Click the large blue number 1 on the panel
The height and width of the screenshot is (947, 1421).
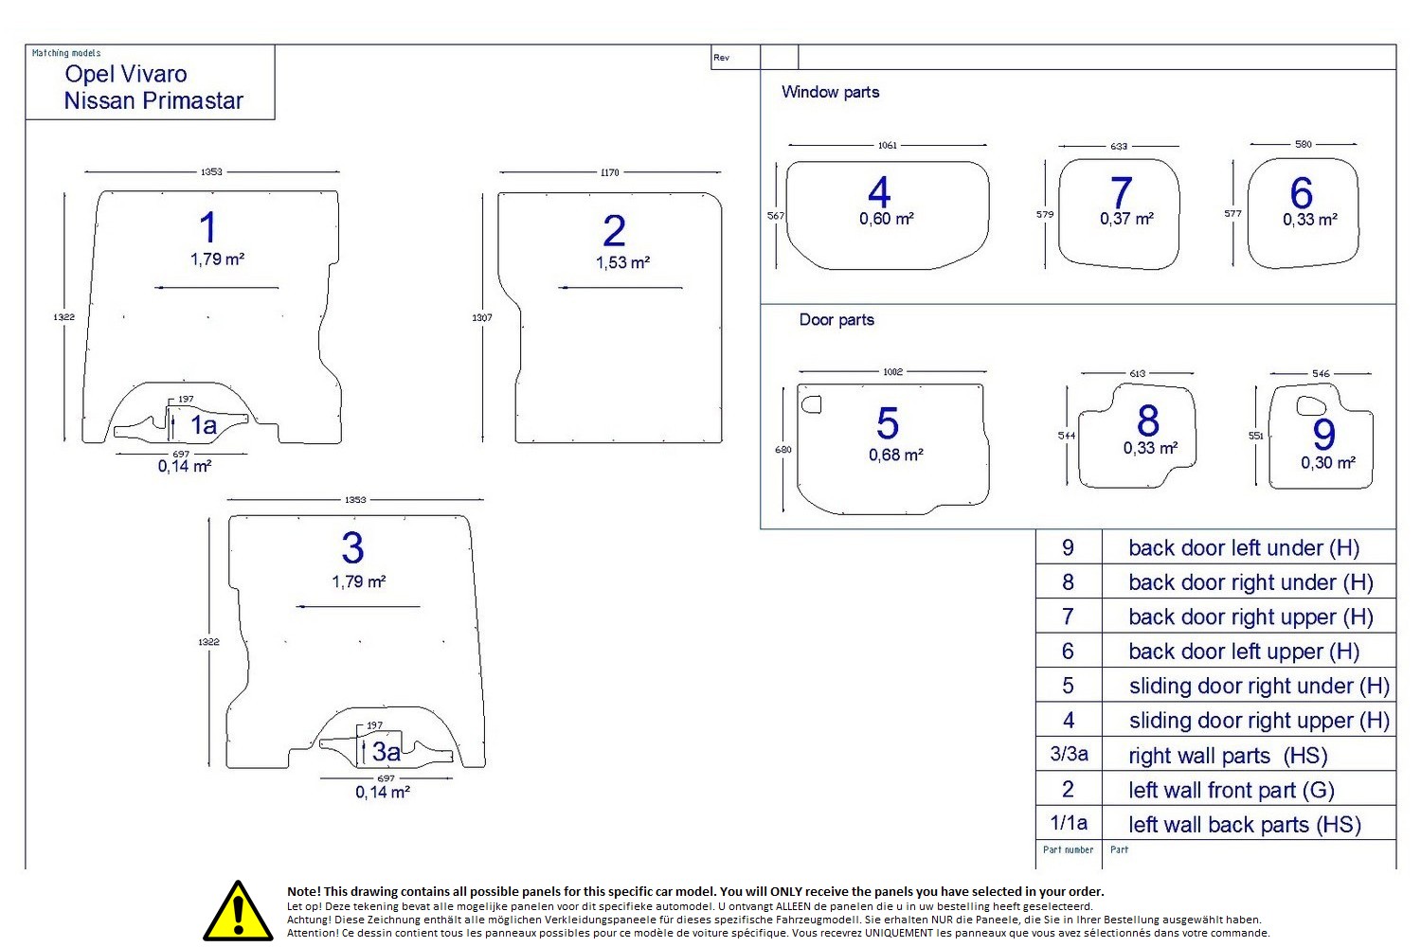pyautogui.click(x=208, y=228)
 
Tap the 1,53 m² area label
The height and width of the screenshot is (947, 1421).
pyautogui.click(x=622, y=262)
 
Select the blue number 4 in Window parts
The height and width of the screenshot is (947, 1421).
pyautogui.click(x=879, y=192)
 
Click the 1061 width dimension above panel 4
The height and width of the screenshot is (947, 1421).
pyautogui.click(x=887, y=145)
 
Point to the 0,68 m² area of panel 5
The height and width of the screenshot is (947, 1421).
pyautogui.click(x=895, y=455)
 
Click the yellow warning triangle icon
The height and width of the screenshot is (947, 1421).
pyautogui.click(x=238, y=912)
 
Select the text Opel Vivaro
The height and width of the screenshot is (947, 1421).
pyautogui.click(x=126, y=74)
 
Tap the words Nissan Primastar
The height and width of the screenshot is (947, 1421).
pyautogui.click(x=153, y=100)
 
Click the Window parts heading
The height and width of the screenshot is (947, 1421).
pyautogui.click(x=830, y=92)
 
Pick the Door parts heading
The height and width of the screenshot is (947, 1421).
pyautogui.click(x=836, y=320)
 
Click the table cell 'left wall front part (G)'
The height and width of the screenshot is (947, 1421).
pyautogui.click(x=1231, y=790)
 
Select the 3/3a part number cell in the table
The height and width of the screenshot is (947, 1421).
pyautogui.click(x=1069, y=755)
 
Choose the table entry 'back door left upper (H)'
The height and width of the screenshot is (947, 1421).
pyautogui.click(x=1243, y=652)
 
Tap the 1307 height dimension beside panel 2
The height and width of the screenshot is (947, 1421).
pyautogui.click(x=482, y=317)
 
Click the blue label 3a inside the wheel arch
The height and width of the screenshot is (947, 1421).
pyautogui.click(x=386, y=752)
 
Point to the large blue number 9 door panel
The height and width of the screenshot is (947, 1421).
pyautogui.click(x=1323, y=434)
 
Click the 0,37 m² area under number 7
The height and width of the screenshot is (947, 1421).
pyautogui.click(x=1126, y=219)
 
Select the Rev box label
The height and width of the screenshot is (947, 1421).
pyautogui.click(x=722, y=58)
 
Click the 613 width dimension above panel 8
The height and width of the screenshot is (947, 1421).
pyautogui.click(x=1137, y=373)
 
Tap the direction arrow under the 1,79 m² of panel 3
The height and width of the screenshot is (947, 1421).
pyautogui.click(x=357, y=606)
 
